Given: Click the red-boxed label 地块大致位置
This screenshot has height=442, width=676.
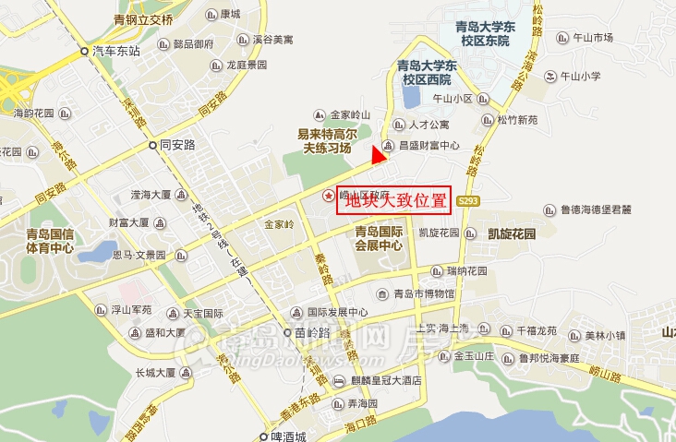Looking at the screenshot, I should tap(392, 200).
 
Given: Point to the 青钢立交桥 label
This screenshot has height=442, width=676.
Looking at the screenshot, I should tap(143, 18).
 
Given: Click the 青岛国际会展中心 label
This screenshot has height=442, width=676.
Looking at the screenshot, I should tap(379, 239).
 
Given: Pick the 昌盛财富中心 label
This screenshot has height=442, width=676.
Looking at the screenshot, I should tap(429, 146).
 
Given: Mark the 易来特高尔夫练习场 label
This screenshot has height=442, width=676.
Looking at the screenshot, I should tap(324, 140).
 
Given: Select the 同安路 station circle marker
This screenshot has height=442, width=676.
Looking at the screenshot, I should tap(154, 146).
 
